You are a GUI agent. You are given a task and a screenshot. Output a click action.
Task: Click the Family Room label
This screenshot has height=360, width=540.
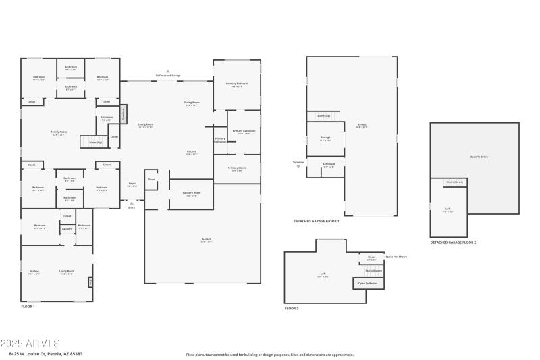tap(59, 132)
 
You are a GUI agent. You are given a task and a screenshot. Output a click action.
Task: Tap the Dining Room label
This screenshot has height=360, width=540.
tap(192, 103)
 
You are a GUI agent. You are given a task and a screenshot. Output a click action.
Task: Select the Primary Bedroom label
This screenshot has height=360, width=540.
tap(237, 84)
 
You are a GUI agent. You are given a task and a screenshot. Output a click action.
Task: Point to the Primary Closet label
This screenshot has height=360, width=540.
tap(237, 168)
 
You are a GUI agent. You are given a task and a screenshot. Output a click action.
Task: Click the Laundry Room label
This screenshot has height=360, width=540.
tap(192, 194)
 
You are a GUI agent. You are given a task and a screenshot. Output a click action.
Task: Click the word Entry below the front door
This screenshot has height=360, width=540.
tap(132, 207)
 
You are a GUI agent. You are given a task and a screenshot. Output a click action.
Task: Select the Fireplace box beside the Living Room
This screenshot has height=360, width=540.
tap(124, 114)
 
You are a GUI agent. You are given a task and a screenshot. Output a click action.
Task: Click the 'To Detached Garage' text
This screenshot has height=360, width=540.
tap(168, 75)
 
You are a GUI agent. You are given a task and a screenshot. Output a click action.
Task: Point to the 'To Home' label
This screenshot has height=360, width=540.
tap(298, 163)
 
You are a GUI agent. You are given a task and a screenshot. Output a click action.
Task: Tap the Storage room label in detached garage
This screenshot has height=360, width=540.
tap(325, 138)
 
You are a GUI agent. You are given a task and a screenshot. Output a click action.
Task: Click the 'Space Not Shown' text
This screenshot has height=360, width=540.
tap(396, 257)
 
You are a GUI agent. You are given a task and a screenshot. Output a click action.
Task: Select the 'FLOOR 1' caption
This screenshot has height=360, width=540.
tap(28, 307)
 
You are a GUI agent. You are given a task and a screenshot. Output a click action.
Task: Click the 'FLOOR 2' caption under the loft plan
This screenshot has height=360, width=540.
tap(292, 308)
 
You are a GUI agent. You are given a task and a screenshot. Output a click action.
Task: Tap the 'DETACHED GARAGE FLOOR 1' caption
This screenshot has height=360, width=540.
tap(316, 221)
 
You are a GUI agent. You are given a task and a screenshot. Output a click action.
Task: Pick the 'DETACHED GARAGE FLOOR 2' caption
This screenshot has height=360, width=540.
tap(453, 242)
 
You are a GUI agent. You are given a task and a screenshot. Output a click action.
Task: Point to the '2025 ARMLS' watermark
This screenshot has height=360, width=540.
tap(30, 344)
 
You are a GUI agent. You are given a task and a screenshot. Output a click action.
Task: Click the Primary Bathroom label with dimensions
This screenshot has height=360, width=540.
tap(244, 132)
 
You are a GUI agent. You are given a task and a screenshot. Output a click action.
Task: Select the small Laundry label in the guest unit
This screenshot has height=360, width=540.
tap(67, 229)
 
